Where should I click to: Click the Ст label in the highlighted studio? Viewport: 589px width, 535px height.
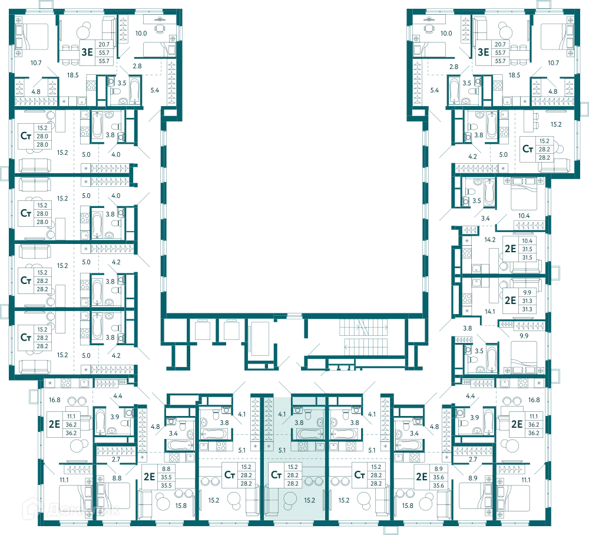pos(276,475)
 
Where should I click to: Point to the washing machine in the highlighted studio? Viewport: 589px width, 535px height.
pos(297,411)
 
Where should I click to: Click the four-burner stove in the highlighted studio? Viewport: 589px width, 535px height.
pos(303,446)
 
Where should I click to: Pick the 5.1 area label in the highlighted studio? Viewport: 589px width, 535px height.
pos(282,450)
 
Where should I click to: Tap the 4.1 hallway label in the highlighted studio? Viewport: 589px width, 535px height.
pos(282,414)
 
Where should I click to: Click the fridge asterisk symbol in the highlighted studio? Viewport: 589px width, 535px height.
pos(269,447)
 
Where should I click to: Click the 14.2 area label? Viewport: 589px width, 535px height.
pos(490,239)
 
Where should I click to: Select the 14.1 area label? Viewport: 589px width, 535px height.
pos(490,312)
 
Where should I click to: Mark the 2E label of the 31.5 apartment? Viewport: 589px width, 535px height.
pos(510,249)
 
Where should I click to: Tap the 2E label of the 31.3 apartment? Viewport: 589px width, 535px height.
pos(510,300)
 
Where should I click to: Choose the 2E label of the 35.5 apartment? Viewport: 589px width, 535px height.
pos(149,477)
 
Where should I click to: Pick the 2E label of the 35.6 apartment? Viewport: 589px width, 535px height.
pos(422,477)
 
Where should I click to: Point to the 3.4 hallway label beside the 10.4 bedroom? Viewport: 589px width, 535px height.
pos(485,218)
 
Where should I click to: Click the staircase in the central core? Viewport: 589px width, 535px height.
pos(363,337)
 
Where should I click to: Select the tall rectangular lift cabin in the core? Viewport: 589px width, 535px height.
pos(260,339)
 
